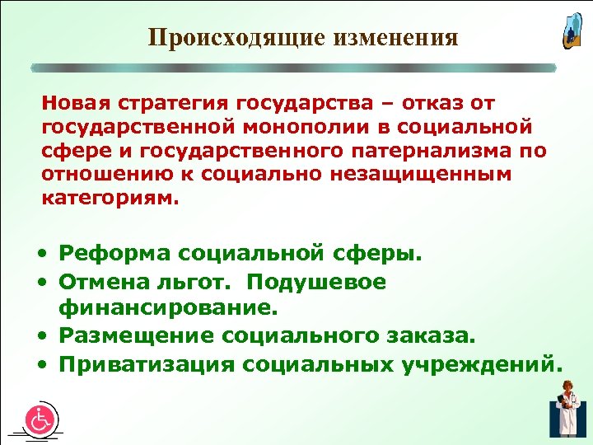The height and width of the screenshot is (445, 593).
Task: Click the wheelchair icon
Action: click(x=40, y=419)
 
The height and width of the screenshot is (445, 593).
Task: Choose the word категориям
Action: click(x=109, y=199)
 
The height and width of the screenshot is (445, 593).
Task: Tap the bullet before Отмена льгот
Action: click(x=49, y=283)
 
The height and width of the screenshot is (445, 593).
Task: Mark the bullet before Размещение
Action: click(x=49, y=337)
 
